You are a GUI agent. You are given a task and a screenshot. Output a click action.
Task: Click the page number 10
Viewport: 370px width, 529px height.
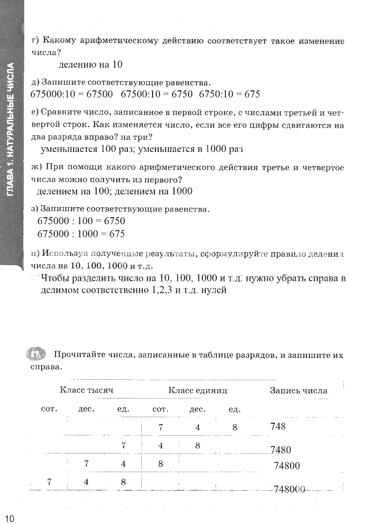click(x=10, y=519)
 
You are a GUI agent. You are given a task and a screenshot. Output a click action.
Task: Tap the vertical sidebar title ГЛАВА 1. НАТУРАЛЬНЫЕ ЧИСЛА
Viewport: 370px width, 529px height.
click(x=11, y=135)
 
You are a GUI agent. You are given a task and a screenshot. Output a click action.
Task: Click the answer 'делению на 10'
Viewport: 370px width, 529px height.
click(x=91, y=65)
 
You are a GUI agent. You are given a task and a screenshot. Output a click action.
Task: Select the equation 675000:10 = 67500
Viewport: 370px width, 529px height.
click(x=72, y=94)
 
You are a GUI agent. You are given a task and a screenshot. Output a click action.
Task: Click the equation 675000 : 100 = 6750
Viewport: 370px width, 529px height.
click(x=81, y=221)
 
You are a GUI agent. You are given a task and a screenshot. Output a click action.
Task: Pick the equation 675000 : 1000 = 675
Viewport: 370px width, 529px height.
click(x=81, y=234)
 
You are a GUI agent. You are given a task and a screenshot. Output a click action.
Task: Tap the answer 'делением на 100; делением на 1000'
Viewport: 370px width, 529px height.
click(x=114, y=191)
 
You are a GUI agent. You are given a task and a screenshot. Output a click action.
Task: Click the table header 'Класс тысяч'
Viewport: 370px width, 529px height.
click(x=86, y=391)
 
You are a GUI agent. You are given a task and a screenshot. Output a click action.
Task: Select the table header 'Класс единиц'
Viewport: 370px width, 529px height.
click(x=198, y=391)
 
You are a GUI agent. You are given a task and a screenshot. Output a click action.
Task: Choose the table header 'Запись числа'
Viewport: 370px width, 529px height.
click(x=299, y=391)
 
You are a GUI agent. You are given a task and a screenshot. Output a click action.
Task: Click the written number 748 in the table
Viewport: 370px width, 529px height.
click(x=278, y=426)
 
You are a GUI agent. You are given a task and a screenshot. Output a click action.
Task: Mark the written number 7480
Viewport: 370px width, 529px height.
click(x=280, y=450)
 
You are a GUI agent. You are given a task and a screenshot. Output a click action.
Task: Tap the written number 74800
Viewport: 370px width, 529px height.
click(x=287, y=466)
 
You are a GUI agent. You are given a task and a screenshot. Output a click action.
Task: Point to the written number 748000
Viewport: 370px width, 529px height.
click(x=290, y=489)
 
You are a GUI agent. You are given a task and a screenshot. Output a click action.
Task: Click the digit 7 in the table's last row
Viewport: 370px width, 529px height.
click(x=49, y=482)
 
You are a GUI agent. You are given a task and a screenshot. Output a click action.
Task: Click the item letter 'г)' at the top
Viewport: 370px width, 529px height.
click(x=36, y=41)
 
